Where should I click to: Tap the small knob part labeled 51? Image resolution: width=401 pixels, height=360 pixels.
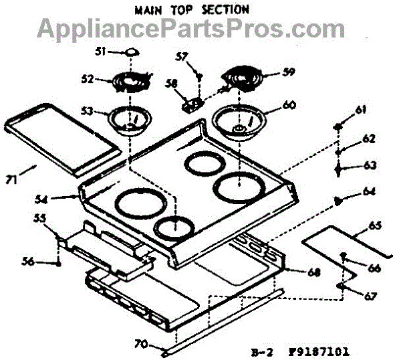[x=132, y=52]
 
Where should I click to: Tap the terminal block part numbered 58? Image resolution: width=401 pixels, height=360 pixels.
[x=193, y=104]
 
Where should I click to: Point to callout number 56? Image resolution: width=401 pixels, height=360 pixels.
[x=44, y=262]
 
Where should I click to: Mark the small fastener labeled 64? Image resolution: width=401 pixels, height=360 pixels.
[x=338, y=199]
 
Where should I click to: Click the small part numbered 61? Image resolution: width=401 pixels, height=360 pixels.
[x=340, y=126]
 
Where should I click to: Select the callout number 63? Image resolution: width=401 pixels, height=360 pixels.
[x=370, y=165]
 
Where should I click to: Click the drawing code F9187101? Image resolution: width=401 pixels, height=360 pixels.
[x=321, y=350]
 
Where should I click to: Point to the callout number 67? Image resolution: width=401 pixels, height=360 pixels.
[x=370, y=296]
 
